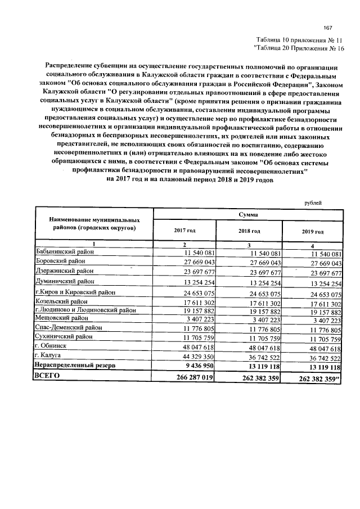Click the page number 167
pyautogui.click(x=328, y=29)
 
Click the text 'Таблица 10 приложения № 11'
pyautogui.click(x=299, y=40)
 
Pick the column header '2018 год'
pyautogui.click(x=249, y=231)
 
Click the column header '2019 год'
pyautogui.click(x=313, y=231)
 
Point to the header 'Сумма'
pyautogui.click(x=248, y=214)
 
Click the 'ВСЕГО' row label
pyautogui.click(x=47, y=376)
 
